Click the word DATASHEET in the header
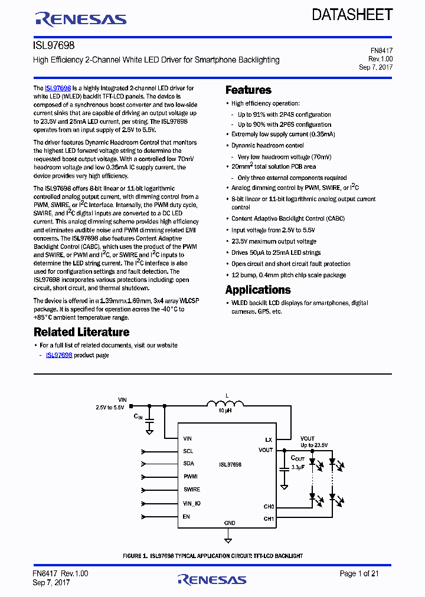tap(352, 15)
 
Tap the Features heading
tap(249, 90)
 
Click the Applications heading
tap(258, 290)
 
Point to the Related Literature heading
tap(81, 332)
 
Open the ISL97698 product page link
tap(59, 355)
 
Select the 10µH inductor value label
tap(225, 411)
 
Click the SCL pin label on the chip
tap(188, 451)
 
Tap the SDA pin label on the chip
tap(188, 464)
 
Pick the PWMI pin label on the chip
tap(190, 477)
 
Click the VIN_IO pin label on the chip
tap(192, 503)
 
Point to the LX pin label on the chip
tap(269, 439)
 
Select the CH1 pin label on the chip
tap(269, 519)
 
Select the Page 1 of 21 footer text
tap(359, 573)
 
